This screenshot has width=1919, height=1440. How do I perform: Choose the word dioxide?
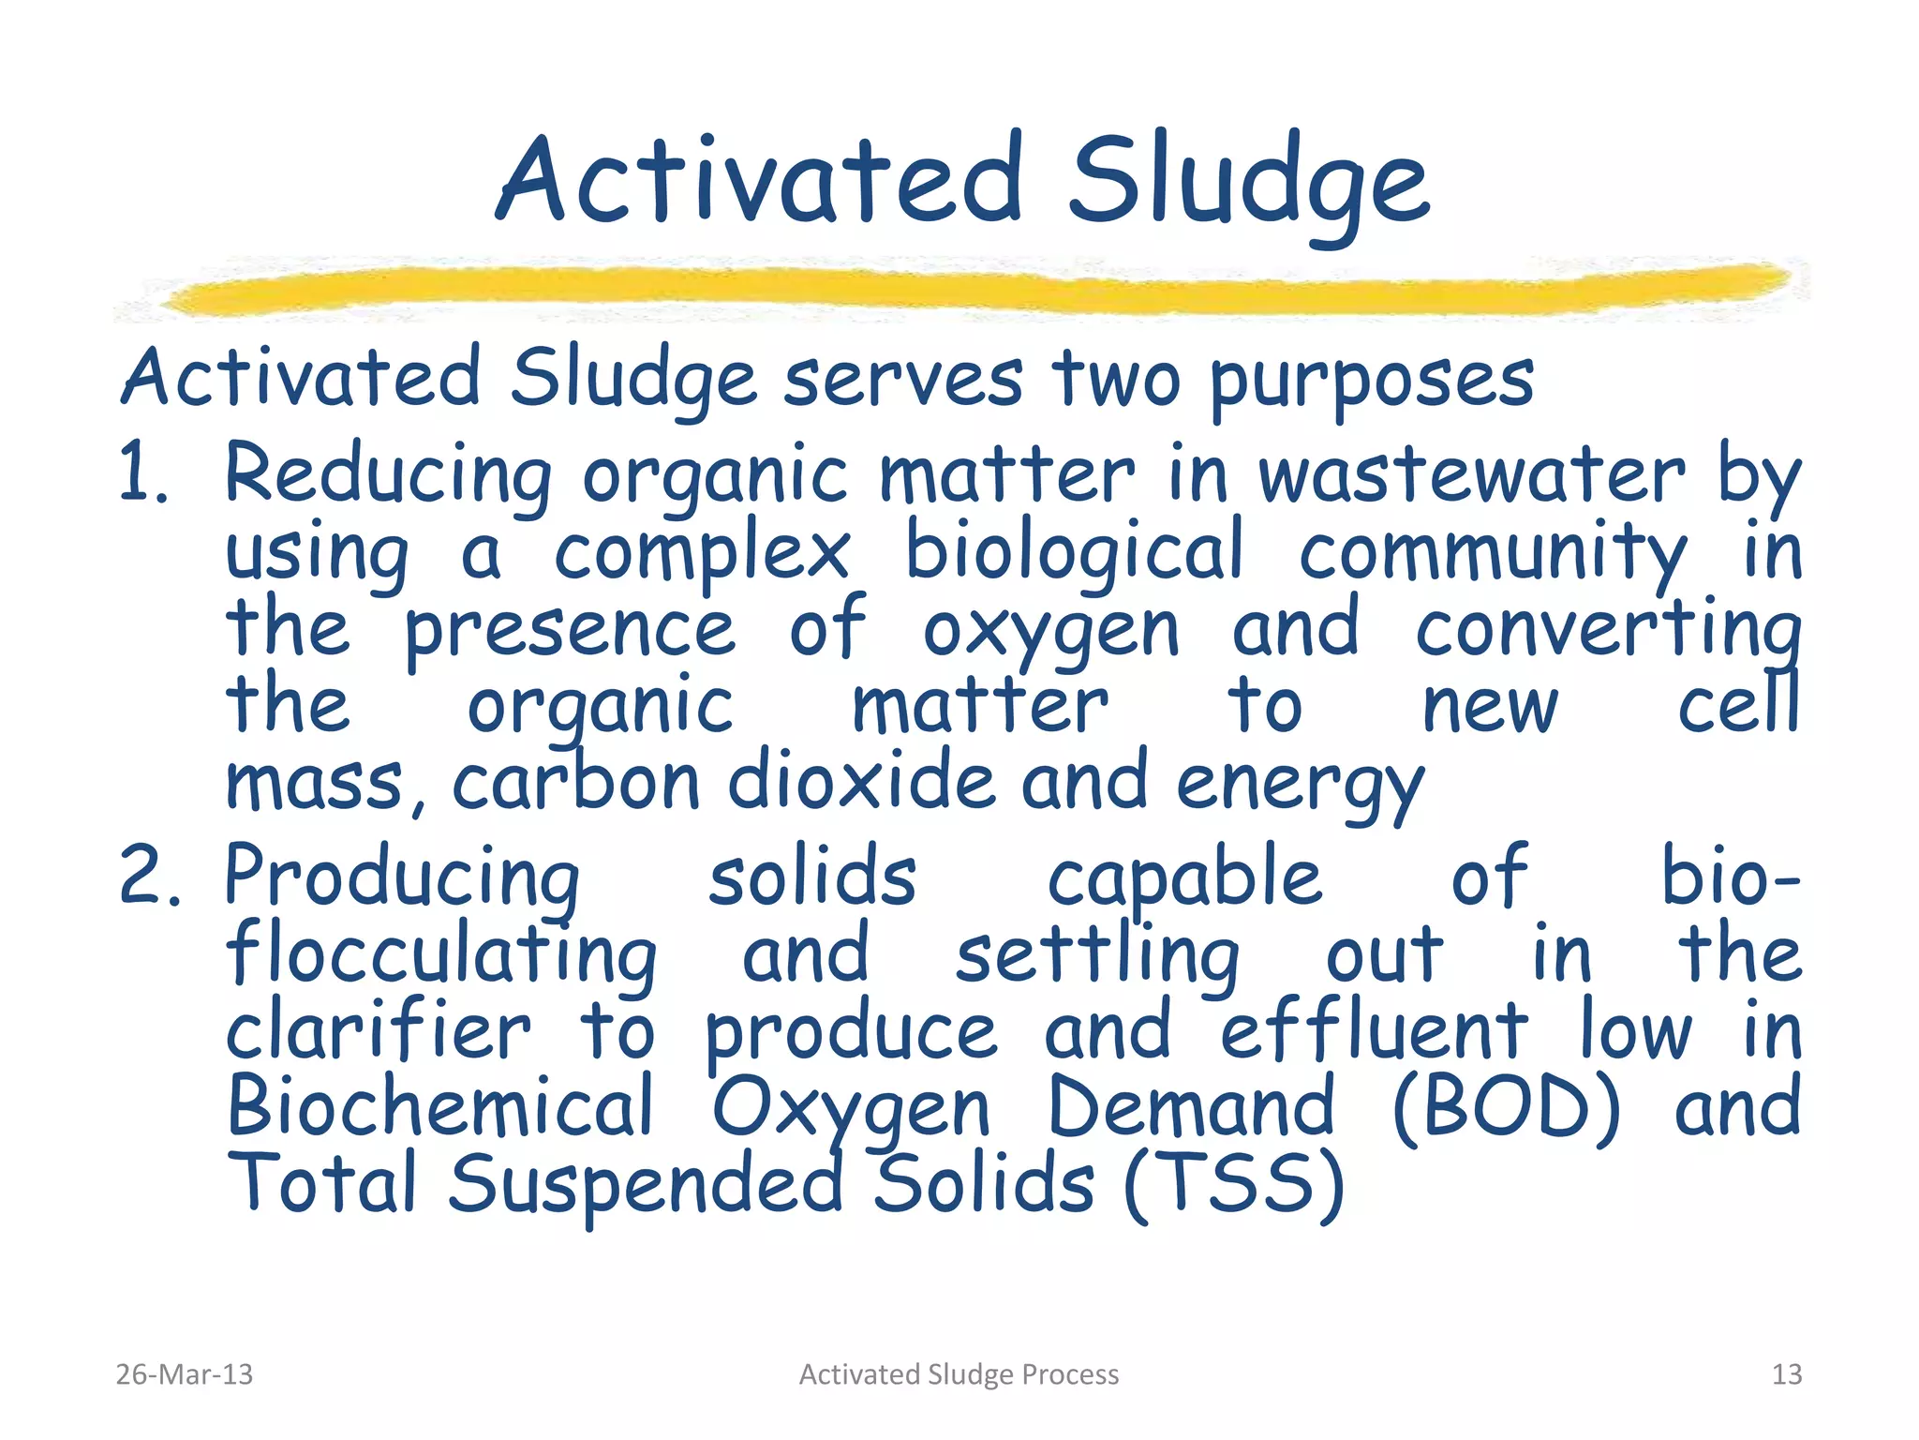coord(861,782)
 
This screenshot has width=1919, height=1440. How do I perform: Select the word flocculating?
coord(442,956)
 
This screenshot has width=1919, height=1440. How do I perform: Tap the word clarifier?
coord(379,1031)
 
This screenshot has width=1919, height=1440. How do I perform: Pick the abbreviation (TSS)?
coord(1234,1185)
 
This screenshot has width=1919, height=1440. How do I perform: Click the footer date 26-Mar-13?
coord(184,1374)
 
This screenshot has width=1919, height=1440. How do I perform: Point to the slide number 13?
coord(1787,1374)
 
